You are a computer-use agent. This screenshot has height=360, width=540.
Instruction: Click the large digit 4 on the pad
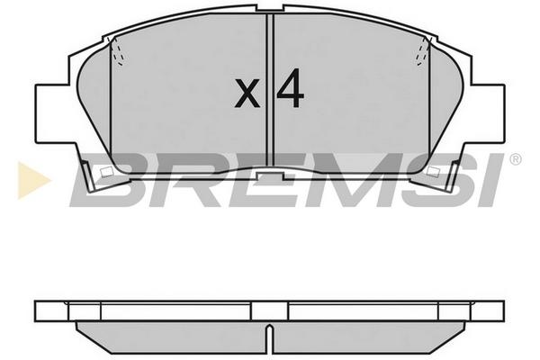coord(291,88)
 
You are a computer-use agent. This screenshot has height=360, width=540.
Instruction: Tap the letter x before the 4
coord(247,93)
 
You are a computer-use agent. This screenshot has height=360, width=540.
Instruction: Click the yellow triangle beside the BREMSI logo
coord(32,181)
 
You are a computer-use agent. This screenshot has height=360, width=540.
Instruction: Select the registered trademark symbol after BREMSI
coord(515,159)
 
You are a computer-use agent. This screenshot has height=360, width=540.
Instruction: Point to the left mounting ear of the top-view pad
coord(51,113)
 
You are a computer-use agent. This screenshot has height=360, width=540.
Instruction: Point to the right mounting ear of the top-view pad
coord(488,113)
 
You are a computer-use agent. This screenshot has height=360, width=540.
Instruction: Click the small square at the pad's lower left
coord(107,172)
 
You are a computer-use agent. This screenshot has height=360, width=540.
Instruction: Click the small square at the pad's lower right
coord(433,171)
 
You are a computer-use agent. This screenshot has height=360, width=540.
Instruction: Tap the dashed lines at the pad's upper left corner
coord(117,51)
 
